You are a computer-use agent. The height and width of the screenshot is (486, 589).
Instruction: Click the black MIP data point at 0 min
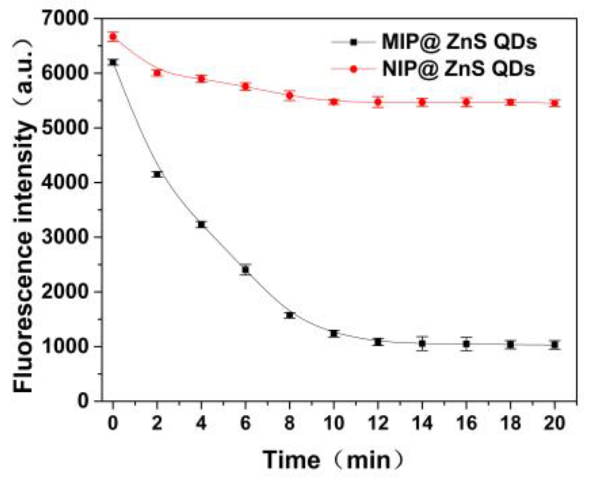pyautogui.click(x=113, y=62)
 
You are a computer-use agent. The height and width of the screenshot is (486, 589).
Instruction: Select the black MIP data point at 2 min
pyautogui.click(x=157, y=174)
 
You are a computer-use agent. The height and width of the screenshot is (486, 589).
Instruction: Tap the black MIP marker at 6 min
pyautogui.click(x=246, y=270)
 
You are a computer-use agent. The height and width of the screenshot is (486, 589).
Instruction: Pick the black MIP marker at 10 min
pyautogui.click(x=334, y=333)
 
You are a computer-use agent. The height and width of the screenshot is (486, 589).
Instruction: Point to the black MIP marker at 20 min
pyautogui.click(x=555, y=345)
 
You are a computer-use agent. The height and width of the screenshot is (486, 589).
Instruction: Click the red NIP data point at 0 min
pyautogui.click(x=113, y=37)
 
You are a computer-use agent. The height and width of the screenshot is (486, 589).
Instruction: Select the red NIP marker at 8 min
pyautogui.click(x=290, y=95)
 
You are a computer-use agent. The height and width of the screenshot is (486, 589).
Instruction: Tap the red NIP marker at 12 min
pyautogui.click(x=378, y=102)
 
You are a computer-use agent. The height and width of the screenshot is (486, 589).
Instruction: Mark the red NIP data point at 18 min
pyautogui.click(x=511, y=102)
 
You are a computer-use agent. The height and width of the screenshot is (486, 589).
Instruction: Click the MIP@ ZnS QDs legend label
pyautogui.click(x=459, y=42)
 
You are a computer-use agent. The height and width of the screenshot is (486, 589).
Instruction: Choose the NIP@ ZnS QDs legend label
pyautogui.click(x=459, y=69)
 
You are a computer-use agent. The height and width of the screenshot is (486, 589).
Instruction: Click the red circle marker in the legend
pyautogui.click(x=354, y=69)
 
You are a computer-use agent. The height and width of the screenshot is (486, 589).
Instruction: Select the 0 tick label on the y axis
pyautogui.click(x=83, y=401)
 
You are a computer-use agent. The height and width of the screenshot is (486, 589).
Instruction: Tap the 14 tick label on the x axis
pyautogui.click(x=422, y=423)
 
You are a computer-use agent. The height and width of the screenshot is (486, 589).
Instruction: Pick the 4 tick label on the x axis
pyautogui.click(x=201, y=423)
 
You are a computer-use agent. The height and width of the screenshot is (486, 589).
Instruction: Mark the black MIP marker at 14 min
pyautogui.click(x=422, y=344)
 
